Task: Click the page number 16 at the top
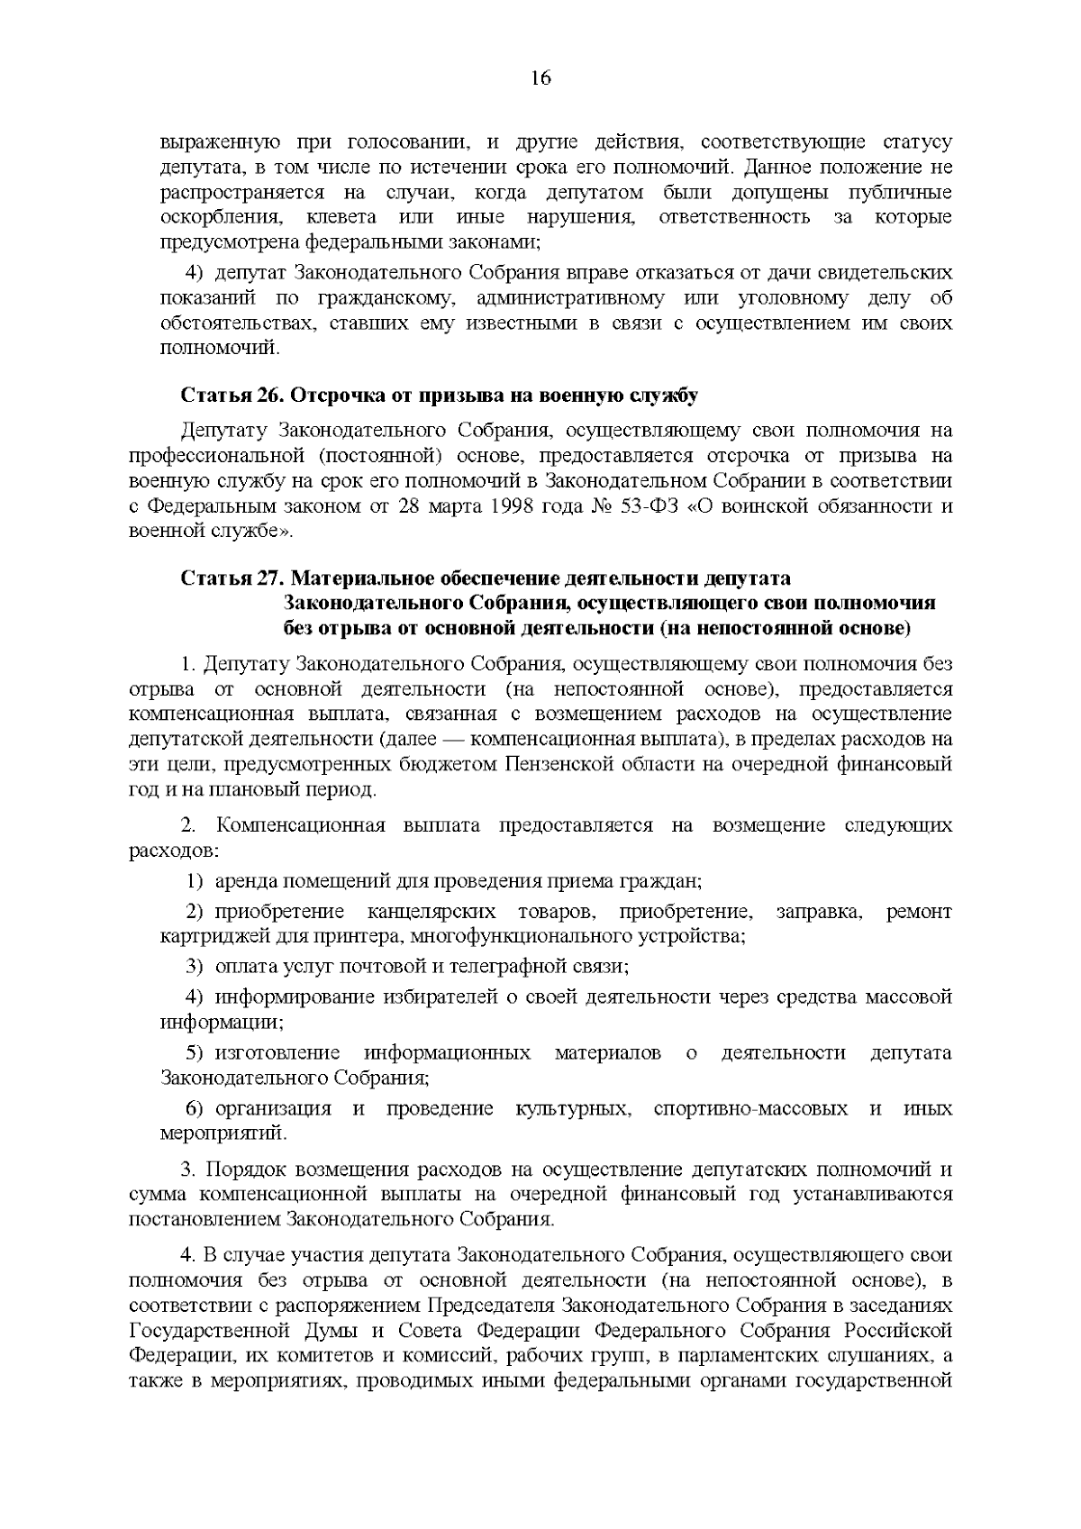coord(540,78)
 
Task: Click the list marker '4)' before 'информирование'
coord(194,997)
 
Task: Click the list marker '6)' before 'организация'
coord(194,1108)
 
